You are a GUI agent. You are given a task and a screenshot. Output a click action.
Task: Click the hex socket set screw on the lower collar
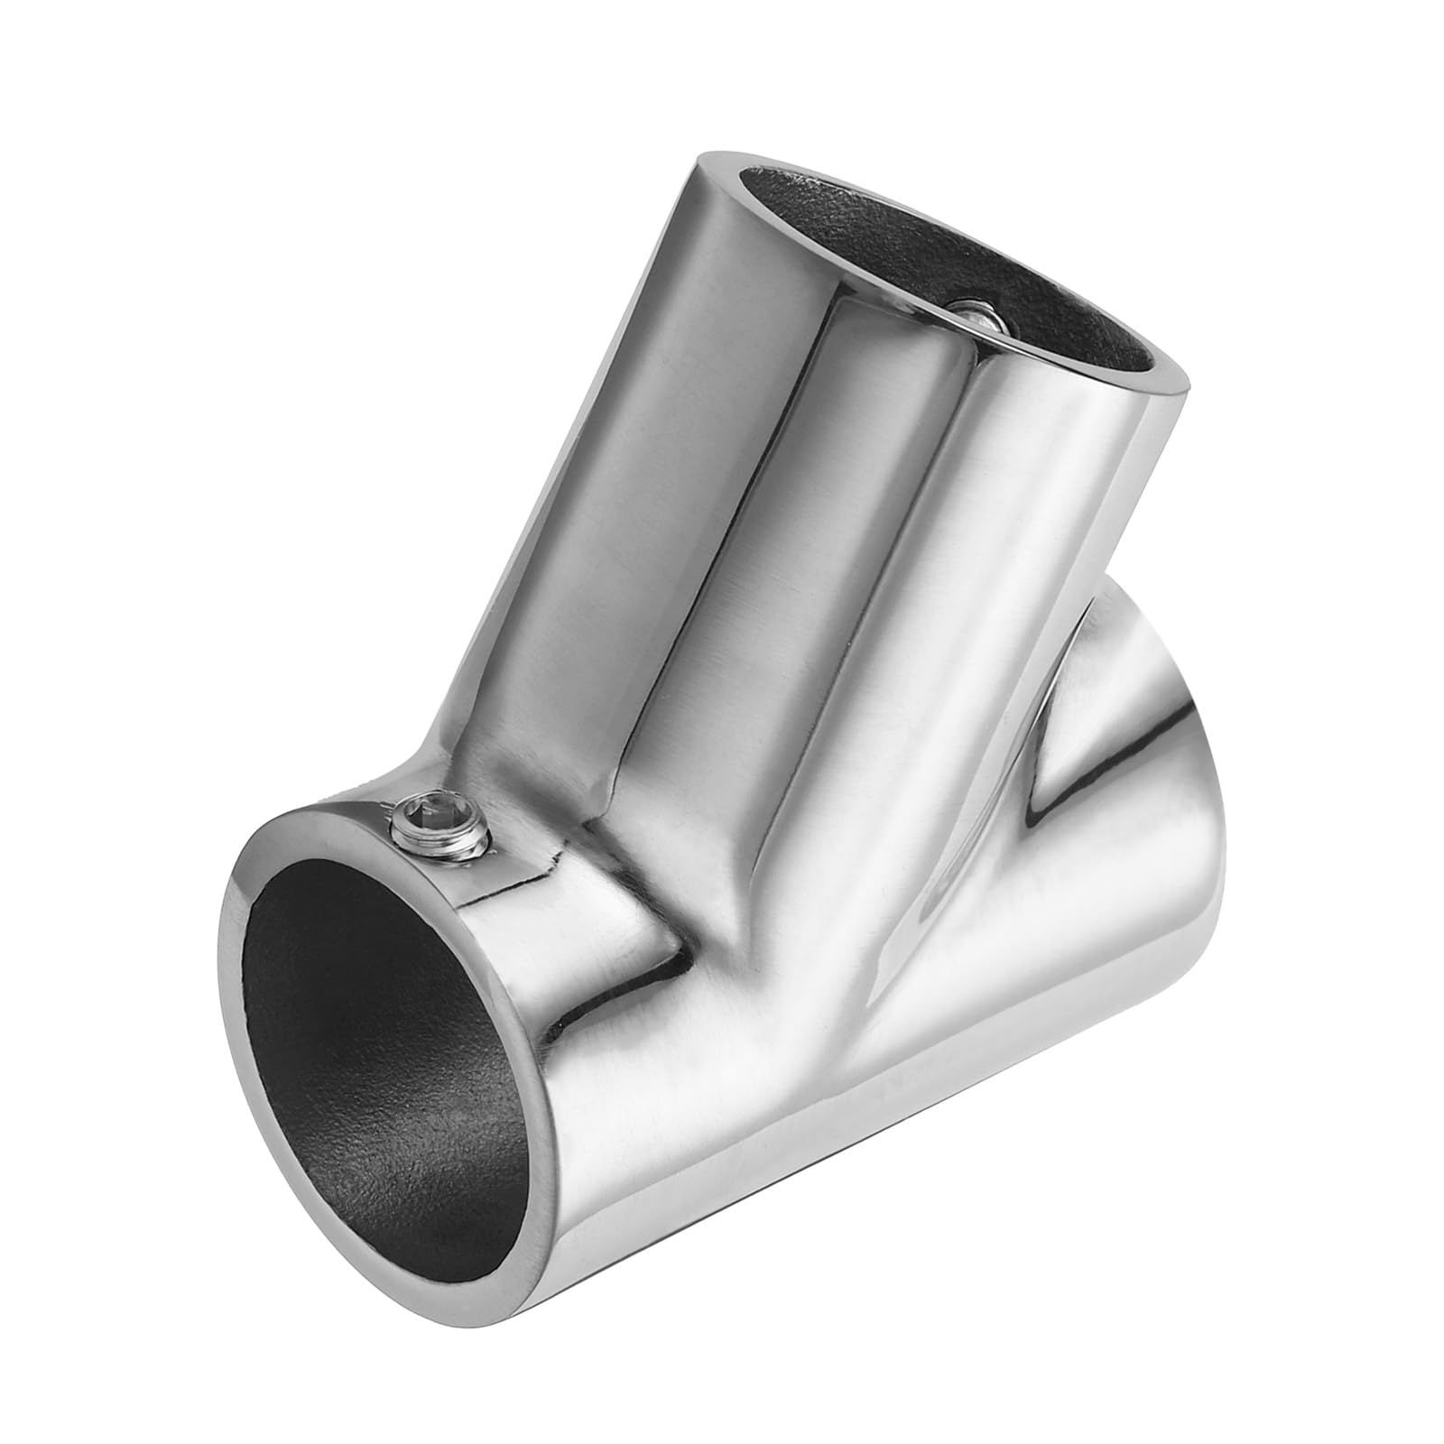(440, 825)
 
